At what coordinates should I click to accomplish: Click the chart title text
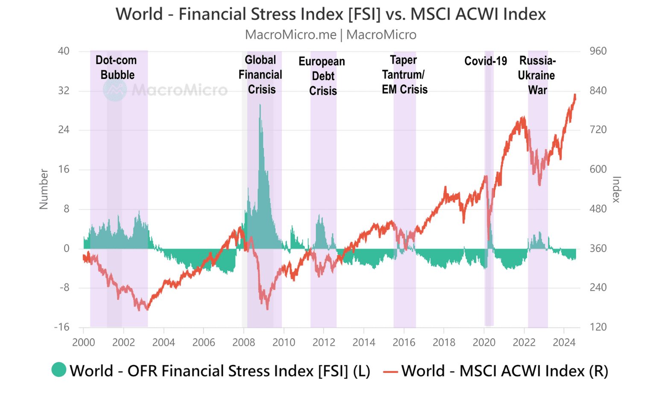pos(330,14)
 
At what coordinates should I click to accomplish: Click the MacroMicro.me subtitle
pos(330,35)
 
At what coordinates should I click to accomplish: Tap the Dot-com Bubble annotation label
pos(117,67)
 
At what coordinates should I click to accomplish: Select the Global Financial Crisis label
pos(260,75)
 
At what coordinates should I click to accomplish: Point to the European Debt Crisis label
pos(322,76)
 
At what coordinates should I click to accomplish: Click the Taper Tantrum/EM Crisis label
pos(404,75)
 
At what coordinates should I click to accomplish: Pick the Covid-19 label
pos(486,61)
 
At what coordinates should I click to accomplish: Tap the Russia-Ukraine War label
pos(537,75)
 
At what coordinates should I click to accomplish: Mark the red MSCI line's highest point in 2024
pos(575,95)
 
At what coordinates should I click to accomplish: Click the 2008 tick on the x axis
pos(243,342)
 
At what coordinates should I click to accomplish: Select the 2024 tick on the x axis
pos(564,342)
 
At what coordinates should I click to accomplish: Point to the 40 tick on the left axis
pos(64,51)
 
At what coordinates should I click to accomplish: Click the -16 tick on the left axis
pos(62,327)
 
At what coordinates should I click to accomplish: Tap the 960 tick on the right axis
pos(598,51)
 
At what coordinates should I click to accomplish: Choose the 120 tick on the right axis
pos(598,327)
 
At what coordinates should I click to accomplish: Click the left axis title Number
pos(44,189)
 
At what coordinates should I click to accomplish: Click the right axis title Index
pos(616,189)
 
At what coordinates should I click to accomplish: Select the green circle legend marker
pos(59,370)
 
